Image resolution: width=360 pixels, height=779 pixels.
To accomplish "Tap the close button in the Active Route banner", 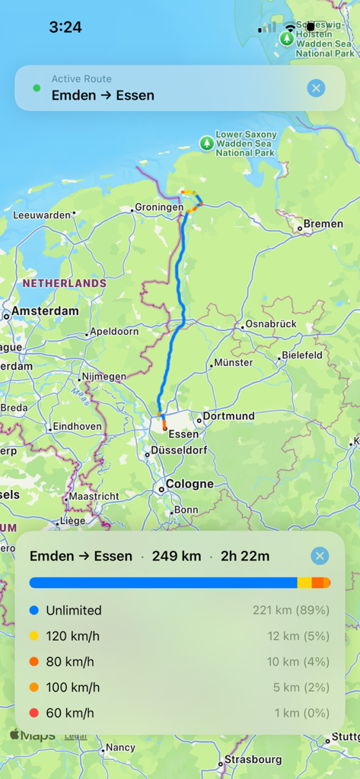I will [316, 88].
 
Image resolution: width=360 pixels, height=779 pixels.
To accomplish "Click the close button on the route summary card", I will [320, 556].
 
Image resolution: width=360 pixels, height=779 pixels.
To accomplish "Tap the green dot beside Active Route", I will [37, 88].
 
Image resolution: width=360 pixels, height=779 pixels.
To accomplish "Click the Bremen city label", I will [323, 224].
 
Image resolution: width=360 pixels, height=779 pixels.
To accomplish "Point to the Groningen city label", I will [158, 208].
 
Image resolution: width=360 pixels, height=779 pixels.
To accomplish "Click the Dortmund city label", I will [228, 417].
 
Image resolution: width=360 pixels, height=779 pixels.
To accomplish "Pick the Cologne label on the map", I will [190, 484].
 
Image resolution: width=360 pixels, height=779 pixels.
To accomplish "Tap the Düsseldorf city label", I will [179, 450].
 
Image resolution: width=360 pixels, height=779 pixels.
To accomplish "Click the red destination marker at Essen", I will [164, 428].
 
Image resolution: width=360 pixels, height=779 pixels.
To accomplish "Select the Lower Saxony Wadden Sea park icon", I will [206, 142].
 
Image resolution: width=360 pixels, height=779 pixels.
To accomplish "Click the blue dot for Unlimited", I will [33, 610].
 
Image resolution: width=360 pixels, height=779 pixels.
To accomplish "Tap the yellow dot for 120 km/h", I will [33, 636].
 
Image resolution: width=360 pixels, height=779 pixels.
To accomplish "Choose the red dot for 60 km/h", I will [33, 713].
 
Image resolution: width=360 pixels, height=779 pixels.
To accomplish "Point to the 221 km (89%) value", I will [291, 610].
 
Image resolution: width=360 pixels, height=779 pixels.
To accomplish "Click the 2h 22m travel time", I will [245, 556].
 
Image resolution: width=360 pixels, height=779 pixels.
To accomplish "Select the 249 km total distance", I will [176, 556].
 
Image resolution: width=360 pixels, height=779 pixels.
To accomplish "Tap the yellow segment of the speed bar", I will [304, 583].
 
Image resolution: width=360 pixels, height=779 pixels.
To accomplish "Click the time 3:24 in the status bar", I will [65, 27].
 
